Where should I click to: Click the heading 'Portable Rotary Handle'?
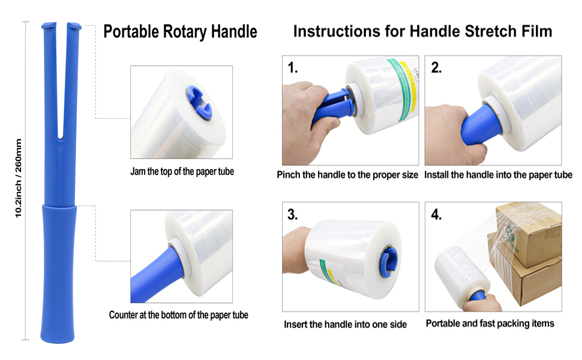[180, 32]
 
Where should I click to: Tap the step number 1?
[293, 68]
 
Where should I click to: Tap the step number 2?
[437, 68]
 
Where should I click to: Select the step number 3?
[292, 215]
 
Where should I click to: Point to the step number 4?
[437, 215]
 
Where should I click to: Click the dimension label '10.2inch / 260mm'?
[19, 178]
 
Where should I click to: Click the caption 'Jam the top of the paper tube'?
[182, 172]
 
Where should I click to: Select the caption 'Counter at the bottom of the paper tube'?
[179, 315]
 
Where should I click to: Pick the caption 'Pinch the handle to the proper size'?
[347, 175]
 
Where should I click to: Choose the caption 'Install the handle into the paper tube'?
[498, 175]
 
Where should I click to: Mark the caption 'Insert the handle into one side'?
[345, 325]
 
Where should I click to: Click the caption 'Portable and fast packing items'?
[490, 323]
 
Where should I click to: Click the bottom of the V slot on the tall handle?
[60, 138]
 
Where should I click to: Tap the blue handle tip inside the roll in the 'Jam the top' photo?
[199, 103]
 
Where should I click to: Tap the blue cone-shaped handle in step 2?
[481, 124]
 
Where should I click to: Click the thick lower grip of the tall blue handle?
[59, 274]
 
